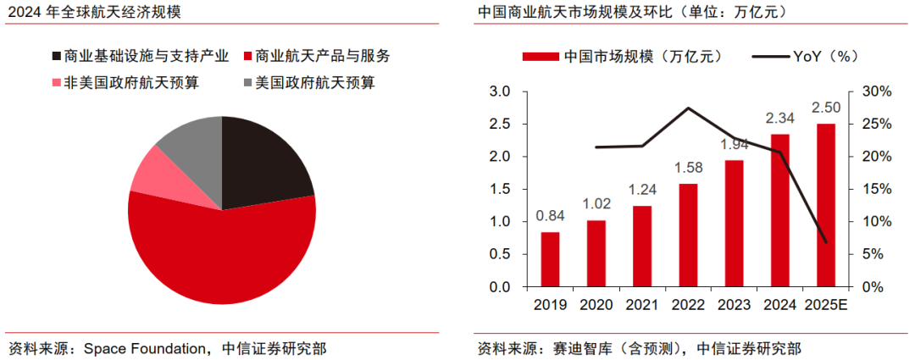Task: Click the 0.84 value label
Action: pos(550,215)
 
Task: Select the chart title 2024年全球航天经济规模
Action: pos(95,13)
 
